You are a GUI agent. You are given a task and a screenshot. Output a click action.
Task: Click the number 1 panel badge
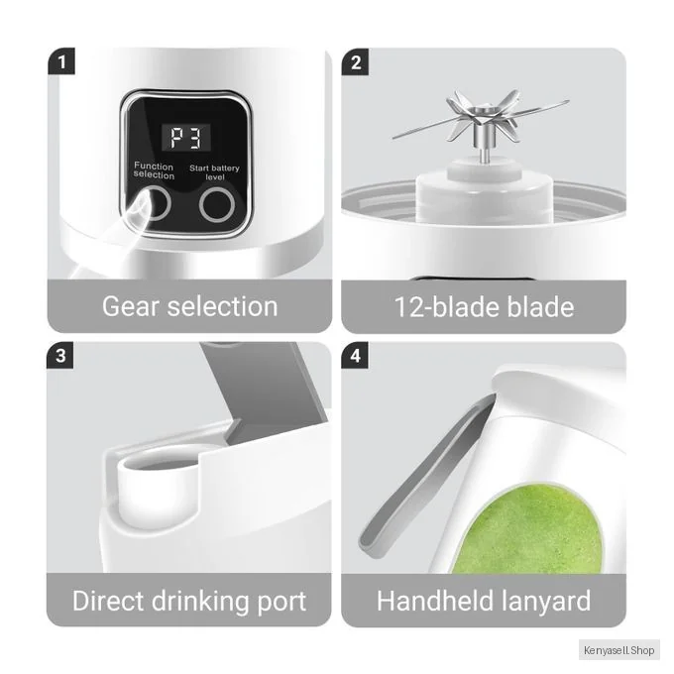pos(61,61)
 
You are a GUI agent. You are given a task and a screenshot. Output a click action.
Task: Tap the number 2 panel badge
pos(355,62)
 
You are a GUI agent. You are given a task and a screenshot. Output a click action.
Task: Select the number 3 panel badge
pos(60,356)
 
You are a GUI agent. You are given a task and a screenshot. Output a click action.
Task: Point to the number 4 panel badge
pos(355,356)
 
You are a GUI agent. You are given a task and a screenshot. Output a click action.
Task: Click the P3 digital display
pos(186,138)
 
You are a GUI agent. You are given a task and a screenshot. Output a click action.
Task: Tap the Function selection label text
pos(154,170)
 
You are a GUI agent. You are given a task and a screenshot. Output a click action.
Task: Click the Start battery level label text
pos(214,172)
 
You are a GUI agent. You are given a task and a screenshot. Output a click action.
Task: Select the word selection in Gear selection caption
pos(222,306)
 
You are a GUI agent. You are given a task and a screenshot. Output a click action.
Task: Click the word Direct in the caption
pos(108,601)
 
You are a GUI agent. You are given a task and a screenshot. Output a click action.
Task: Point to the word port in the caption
pos(281,603)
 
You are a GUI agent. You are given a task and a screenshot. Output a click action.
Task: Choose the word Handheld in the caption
pos(435,601)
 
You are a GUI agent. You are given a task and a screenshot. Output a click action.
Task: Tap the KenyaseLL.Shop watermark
pos(618,650)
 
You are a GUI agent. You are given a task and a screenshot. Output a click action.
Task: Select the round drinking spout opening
pos(159,463)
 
